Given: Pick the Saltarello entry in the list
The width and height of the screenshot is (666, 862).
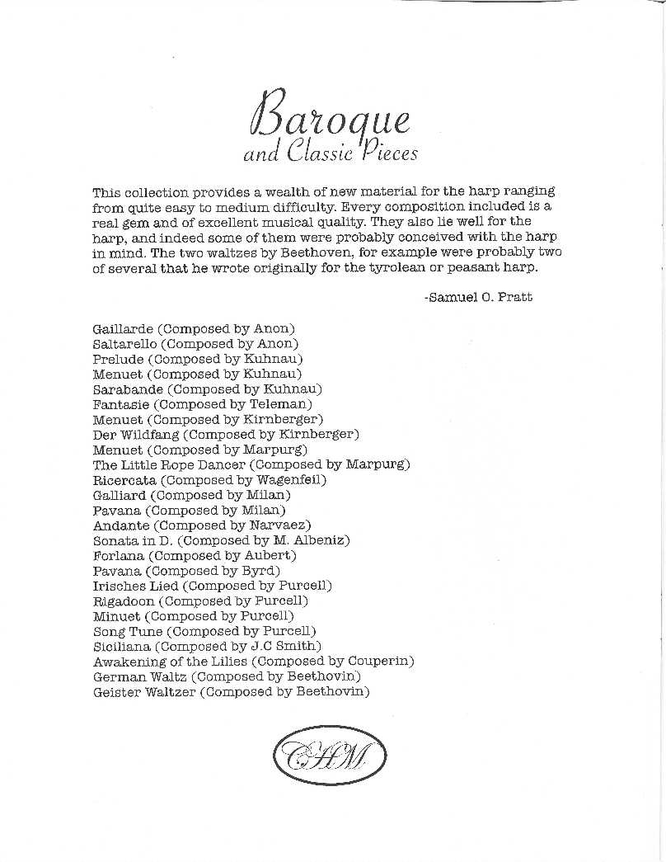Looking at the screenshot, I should point(126,344).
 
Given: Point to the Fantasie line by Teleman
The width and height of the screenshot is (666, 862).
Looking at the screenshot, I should point(203,404).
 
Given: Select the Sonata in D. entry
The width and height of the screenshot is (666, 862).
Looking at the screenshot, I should point(134,540).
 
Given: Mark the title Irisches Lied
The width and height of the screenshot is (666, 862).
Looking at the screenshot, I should point(135,586).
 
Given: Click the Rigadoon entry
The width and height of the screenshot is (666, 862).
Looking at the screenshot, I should point(124,601).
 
